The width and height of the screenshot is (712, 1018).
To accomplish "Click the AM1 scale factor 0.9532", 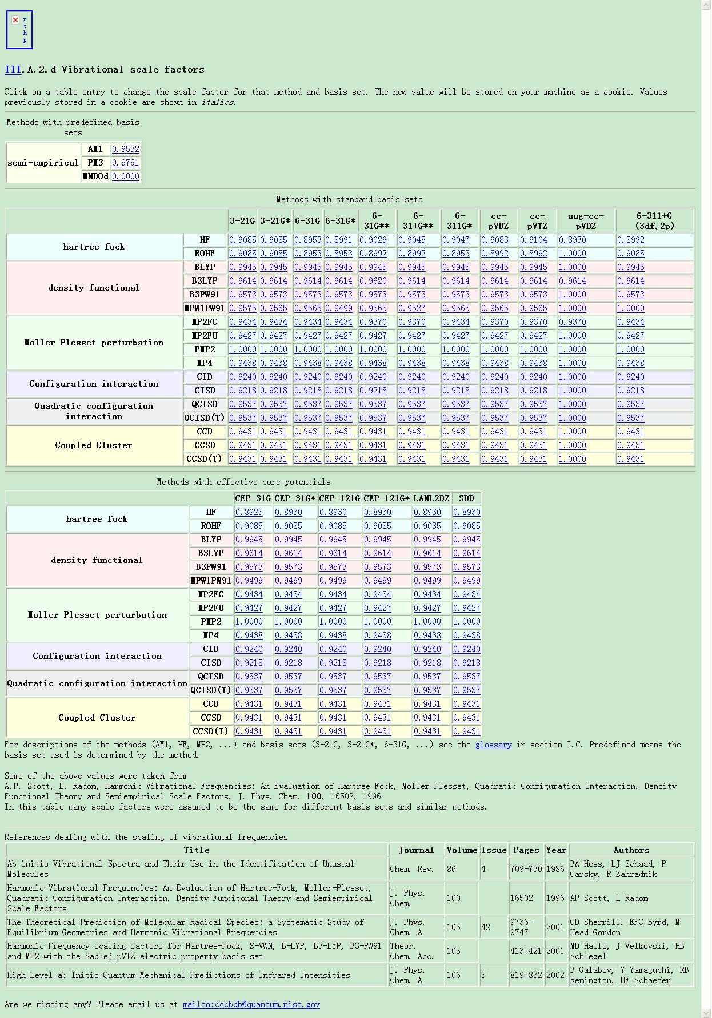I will point(125,149).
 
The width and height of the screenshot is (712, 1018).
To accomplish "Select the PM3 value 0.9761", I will point(125,163).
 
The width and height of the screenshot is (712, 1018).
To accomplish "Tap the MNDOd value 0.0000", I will point(125,176).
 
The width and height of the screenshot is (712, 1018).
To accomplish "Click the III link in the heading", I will point(13,70).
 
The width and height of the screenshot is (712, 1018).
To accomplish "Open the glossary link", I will point(493,745).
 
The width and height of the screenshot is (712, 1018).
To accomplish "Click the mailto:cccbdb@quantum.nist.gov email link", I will point(251,1004).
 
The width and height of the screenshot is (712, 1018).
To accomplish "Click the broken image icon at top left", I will point(15,20).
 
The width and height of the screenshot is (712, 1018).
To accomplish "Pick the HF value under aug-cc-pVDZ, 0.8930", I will point(572,240).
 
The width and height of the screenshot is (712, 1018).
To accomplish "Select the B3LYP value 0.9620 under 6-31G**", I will point(373,281).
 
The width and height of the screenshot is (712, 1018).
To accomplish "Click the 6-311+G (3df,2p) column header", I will point(654,220).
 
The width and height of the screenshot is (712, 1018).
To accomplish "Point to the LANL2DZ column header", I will point(431,498).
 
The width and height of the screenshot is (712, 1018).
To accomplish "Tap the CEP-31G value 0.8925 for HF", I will point(249,512).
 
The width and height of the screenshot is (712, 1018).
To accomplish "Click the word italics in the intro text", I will point(217,102).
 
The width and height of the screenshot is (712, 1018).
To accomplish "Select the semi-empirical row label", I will point(43,163).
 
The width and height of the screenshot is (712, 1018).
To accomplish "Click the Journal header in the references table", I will point(416,850).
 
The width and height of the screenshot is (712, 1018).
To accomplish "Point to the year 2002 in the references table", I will point(555,975).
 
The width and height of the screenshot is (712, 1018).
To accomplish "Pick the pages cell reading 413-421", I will point(526,951).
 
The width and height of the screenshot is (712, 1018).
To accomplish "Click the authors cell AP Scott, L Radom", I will point(609,898).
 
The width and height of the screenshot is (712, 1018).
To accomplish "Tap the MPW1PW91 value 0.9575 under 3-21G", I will point(242,308).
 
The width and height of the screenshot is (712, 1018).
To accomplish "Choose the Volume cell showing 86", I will point(451,869).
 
